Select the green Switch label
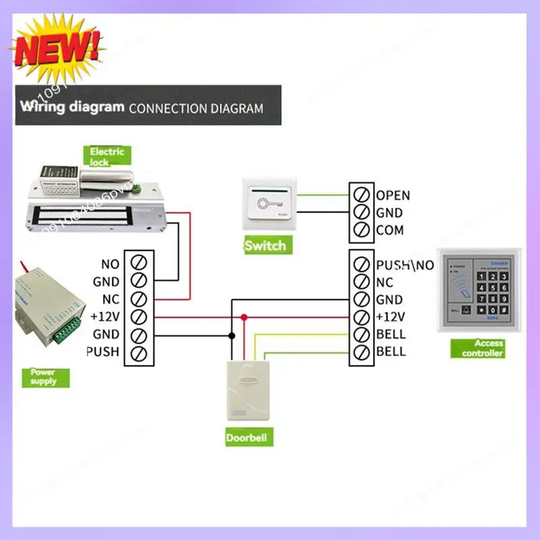[265, 246]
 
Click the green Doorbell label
[246, 438]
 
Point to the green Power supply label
[44, 377]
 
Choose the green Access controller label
[483, 348]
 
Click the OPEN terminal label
[393, 196]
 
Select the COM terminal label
[390, 230]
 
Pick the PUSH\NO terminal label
[405, 265]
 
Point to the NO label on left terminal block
[110, 264]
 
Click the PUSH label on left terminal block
[103, 352]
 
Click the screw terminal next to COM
[361, 230]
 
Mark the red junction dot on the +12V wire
[244, 317]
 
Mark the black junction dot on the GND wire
[232, 334]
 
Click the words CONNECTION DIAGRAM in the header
[196, 108]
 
